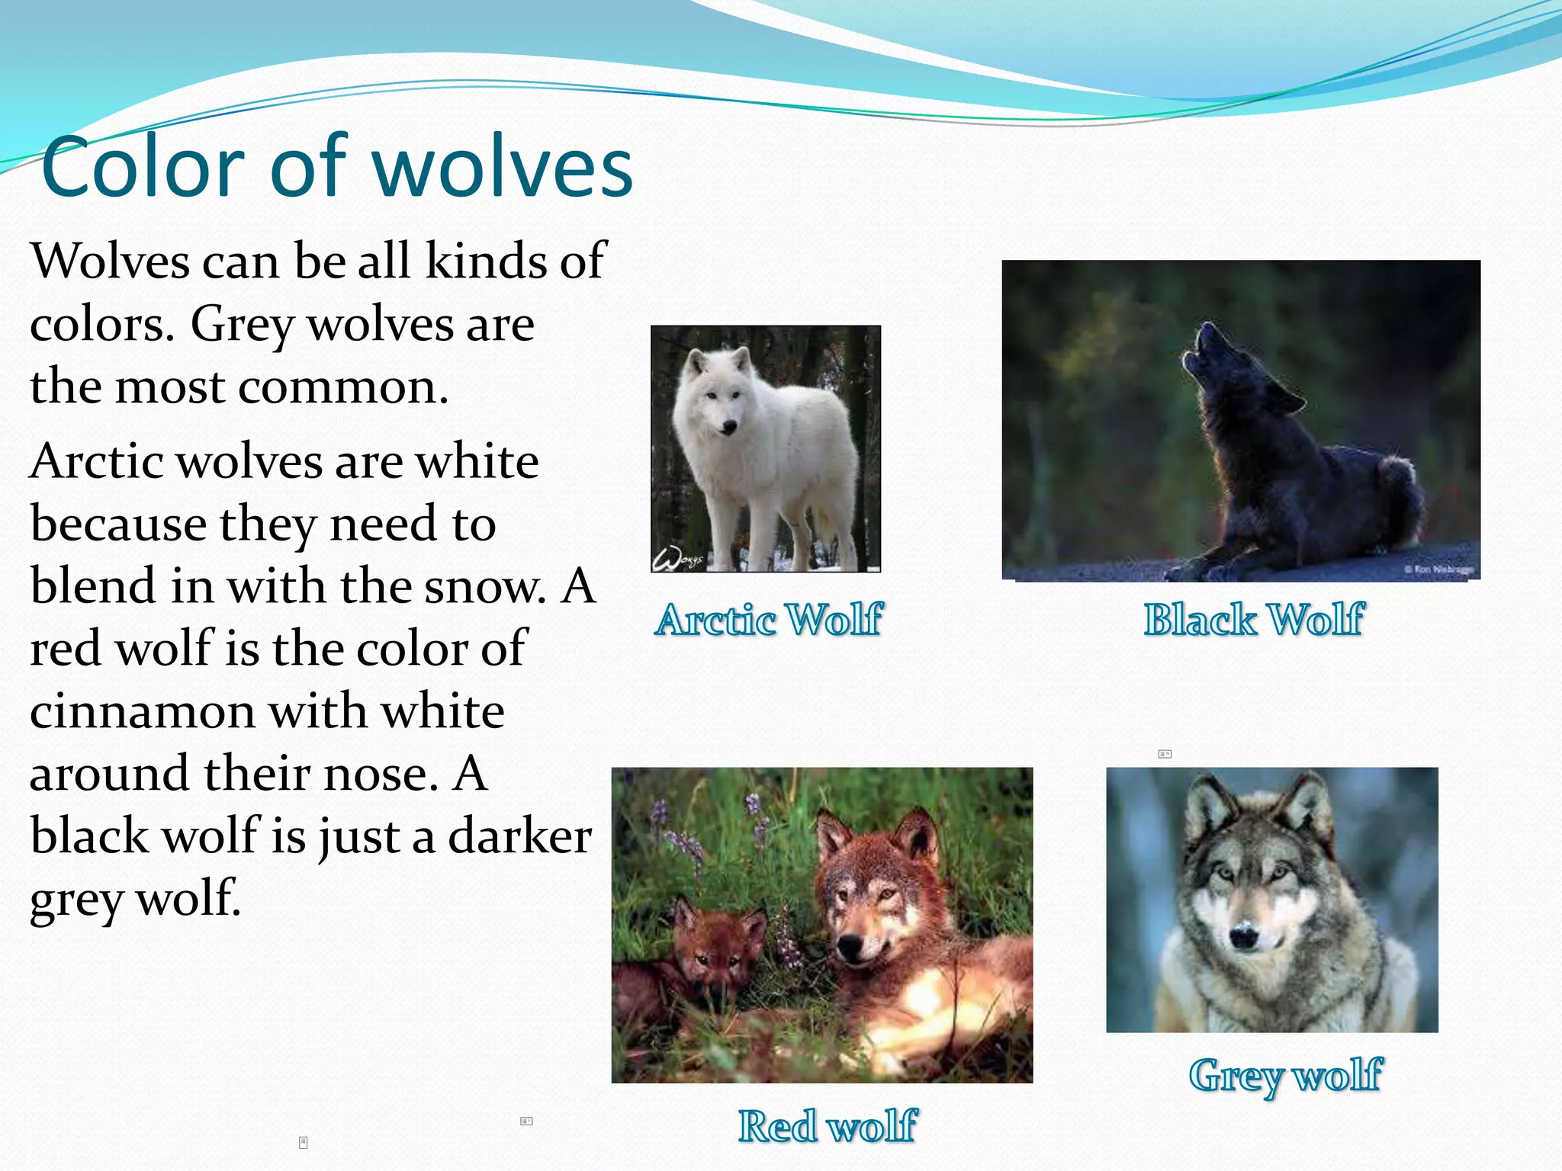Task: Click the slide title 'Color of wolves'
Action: pos(336,167)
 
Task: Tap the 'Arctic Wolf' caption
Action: pos(769,619)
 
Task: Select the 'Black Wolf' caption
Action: pos(1253,619)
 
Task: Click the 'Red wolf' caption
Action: pos(827,1126)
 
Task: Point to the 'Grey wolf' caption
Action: pos(1285,1075)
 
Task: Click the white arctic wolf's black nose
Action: pos(729,428)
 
